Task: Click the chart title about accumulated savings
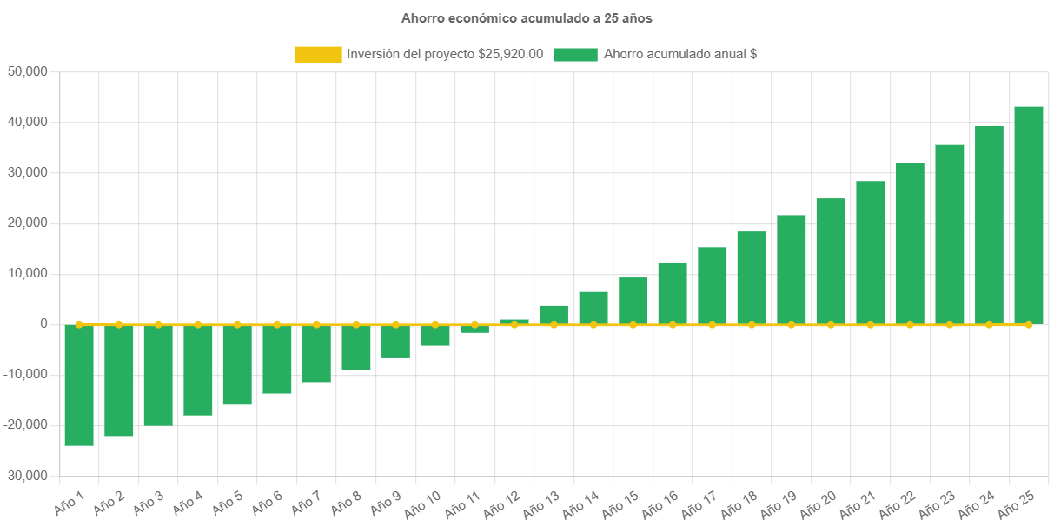click(x=527, y=17)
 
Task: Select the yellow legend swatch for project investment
click(x=318, y=54)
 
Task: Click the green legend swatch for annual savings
click(x=575, y=54)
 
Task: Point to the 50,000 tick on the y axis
click(x=27, y=71)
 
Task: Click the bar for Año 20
click(x=831, y=261)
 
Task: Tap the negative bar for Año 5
click(x=237, y=364)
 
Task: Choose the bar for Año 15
click(x=633, y=301)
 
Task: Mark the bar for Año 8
click(x=356, y=347)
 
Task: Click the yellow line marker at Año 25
click(x=1029, y=324)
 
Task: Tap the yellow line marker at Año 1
click(x=79, y=324)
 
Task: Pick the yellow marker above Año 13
click(x=554, y=324)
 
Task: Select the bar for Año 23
click(x=950, y=234)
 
